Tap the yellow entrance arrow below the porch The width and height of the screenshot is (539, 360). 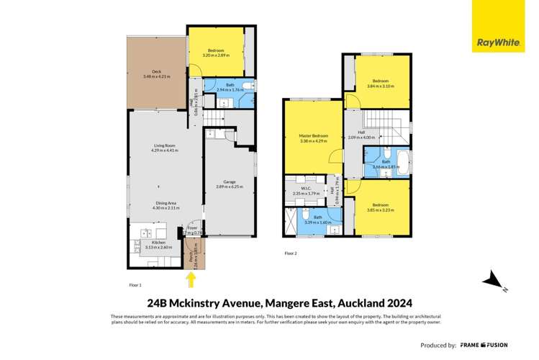(191, 276)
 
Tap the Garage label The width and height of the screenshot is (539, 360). (230, 183)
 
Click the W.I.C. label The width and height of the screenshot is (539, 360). (302, 189)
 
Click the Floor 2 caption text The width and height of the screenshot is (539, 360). (291, 253)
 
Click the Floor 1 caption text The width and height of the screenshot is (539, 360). (135, 285)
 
